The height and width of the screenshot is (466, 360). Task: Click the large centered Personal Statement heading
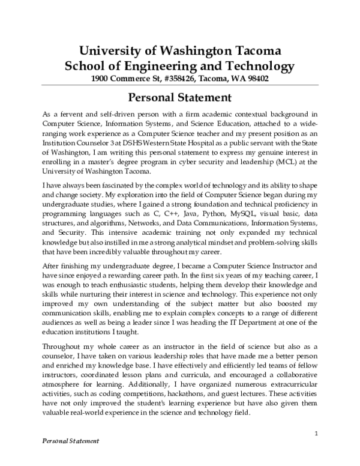click(181, 97)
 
